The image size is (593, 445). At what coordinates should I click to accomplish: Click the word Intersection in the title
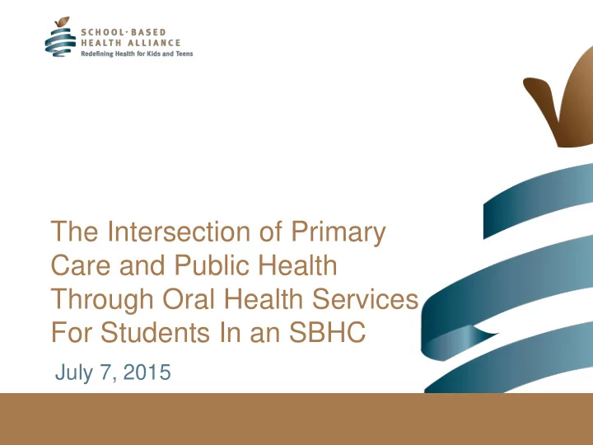(179, 232)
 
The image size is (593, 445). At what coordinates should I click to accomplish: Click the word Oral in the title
(189, 299)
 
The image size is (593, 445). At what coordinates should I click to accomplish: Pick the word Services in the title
(365, 299)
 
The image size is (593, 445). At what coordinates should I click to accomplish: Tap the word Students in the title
(155, 332)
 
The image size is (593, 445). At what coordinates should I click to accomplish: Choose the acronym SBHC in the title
(328, 332)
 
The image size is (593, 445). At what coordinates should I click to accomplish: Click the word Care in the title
(81, 265)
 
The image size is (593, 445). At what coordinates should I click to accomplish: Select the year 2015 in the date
(147, 372)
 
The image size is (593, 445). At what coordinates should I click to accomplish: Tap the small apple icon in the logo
(60, 37)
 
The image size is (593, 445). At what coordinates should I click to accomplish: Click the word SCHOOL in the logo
(100, 32)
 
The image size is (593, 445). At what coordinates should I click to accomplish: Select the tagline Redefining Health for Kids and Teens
(137, 54)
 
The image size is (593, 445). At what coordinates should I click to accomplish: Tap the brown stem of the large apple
(542, 99)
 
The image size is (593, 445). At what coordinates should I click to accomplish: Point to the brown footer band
(296, 419)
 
